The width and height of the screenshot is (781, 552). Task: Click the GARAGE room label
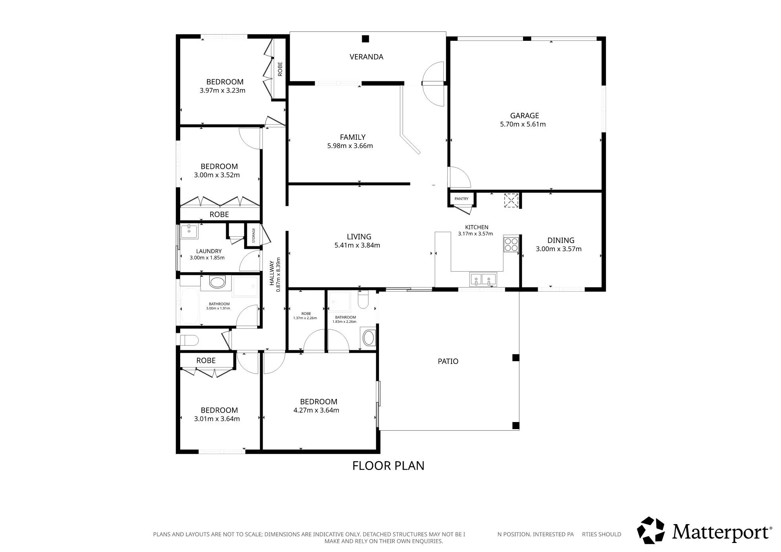tap(524, 115)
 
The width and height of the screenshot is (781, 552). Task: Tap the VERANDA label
tap(366, 57)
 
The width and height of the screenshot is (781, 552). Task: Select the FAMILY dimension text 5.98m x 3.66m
tap(350, 146)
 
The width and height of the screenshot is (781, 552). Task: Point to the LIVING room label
tap(359, 237)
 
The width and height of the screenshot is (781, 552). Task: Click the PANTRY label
tap(461, 199)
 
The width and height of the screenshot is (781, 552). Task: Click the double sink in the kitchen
tap(483, 279)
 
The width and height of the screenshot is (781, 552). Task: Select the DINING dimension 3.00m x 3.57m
tap(558, 249)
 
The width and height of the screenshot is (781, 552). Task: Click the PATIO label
tap(448, 361)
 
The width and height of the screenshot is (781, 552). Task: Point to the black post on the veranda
tap(366, 39)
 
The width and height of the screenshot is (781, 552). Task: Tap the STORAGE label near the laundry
tap(254, 235)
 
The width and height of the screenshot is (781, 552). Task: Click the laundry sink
tap(189, 231)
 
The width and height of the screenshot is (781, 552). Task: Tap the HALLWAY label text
tap(271, 273)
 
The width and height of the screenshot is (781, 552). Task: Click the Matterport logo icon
tap(651, 530)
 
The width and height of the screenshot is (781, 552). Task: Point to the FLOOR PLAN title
tap(388, 466)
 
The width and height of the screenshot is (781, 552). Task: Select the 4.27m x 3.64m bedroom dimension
tap(316, 410)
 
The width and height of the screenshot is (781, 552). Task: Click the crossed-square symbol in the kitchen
tap(512, 201)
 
